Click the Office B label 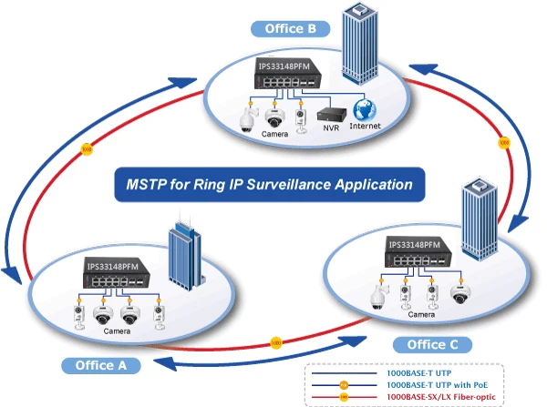pyautogui.click(x=291, y=28)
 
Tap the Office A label pyautogui.click(x=101, y=365)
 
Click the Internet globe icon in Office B pyautogui.click(x=365, y=109)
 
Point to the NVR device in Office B pyautogui.click(x=330, y=116)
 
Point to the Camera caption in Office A pyautogui.click(x=117, y=331)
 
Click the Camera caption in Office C pyautogui.click(x=420, y=314)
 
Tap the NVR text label pyautogui.click(x=330, y=130)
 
